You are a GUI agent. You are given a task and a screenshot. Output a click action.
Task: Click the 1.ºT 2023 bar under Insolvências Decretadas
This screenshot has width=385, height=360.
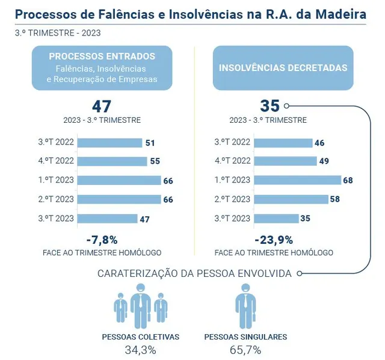[298, 180]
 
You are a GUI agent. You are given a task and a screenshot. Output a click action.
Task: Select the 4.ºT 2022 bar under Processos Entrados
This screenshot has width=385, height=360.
[112, 161]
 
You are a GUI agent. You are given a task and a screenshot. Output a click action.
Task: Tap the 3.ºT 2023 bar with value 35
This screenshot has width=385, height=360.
[277, 219]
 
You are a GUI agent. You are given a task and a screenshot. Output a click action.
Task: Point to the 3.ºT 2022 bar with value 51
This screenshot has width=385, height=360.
[109, 143]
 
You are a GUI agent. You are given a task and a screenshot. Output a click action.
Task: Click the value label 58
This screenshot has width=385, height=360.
[335, 199]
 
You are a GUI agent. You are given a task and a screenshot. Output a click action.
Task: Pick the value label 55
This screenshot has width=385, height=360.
[155, 161]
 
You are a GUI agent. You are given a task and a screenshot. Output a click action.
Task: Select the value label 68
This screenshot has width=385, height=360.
[348, 181]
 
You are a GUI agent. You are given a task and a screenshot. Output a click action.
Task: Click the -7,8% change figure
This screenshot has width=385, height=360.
[102, 240]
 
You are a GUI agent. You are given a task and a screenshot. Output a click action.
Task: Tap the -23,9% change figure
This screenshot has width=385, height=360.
[274, 240]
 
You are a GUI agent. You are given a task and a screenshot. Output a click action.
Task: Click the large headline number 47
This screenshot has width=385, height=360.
[102, 106]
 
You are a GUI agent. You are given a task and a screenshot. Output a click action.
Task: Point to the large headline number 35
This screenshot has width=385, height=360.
[270, 106]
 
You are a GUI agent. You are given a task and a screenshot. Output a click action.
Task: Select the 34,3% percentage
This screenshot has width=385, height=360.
[140, 350]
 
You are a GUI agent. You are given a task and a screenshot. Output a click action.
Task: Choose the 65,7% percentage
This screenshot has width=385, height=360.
[245, 350]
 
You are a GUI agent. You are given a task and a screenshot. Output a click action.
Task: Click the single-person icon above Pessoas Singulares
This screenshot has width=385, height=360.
[245, 306]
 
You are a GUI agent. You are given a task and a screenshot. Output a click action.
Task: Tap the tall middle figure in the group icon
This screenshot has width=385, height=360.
[140, 306]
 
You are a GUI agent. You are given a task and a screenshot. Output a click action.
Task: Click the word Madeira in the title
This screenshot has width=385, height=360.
[341, 14]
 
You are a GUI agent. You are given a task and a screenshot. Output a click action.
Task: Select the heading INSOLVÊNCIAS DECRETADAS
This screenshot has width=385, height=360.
[283, 68]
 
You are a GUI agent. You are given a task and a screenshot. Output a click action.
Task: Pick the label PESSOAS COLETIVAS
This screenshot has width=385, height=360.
[141, 337]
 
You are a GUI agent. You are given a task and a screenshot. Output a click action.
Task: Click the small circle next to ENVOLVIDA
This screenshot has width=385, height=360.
[300, 273]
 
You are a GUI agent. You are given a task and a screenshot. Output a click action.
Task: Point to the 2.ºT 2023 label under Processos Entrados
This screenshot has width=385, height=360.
[56, 199]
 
